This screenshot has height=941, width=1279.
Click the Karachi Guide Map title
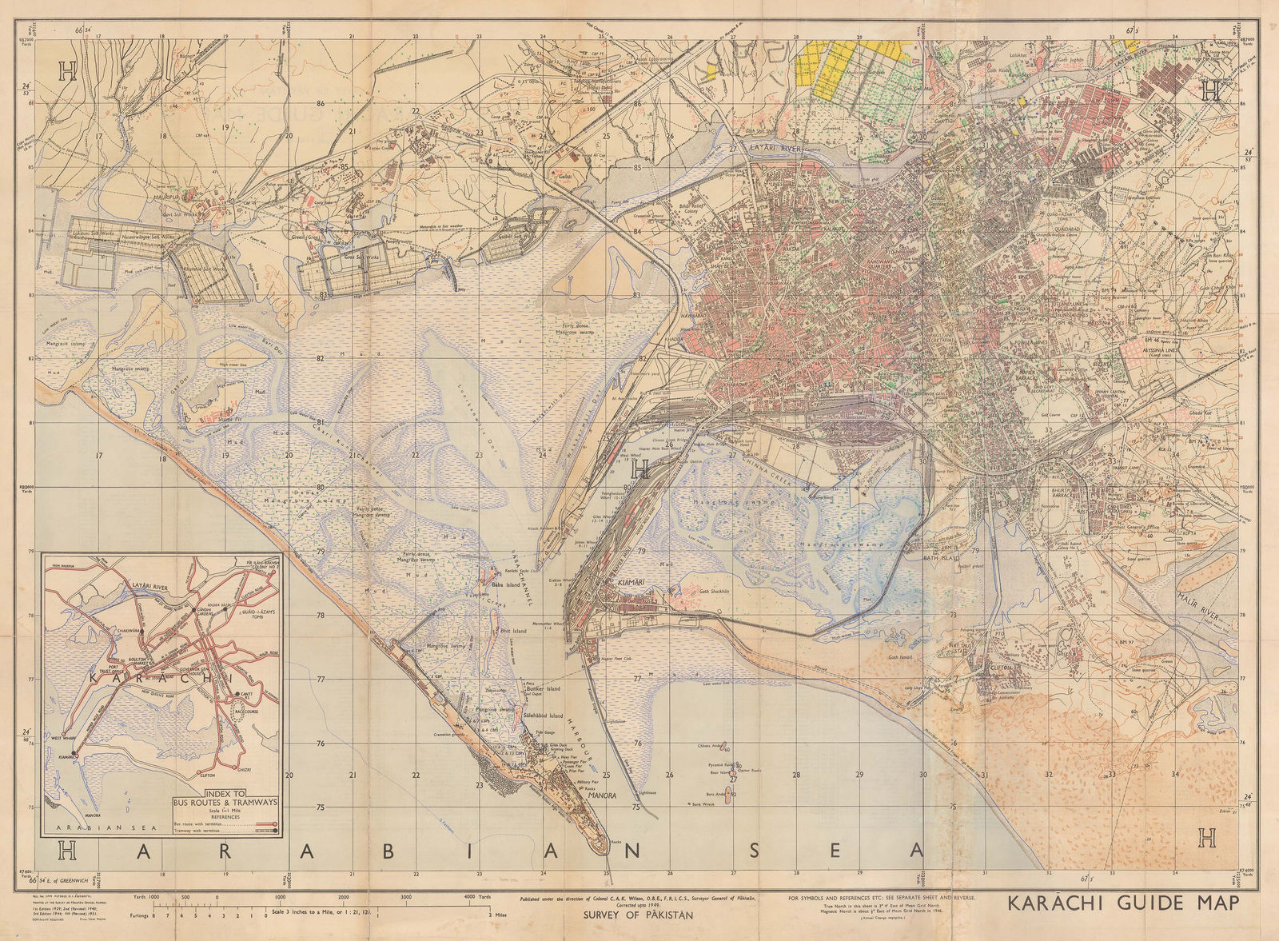(x=1123, y=903)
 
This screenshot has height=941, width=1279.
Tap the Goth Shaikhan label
(x=716, y=592)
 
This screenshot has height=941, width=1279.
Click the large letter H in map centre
(x=640, y=471)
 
